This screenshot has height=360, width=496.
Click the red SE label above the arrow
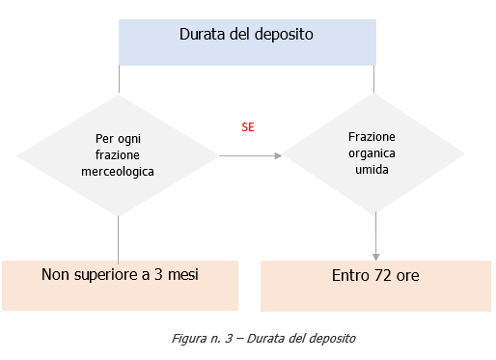(x=248, y=126)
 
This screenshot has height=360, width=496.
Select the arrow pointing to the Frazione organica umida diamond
(x=250, y=154)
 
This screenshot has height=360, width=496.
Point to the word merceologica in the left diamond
(x=118, y=170)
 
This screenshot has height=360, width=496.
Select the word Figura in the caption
(x=189, y=340)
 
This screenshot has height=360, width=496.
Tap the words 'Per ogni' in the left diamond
(x=118, y=138)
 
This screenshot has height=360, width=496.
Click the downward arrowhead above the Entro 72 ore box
(x=375, y=254)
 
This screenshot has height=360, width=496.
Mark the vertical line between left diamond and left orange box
(x=118, y=236)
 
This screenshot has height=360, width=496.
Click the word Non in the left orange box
(x=55, y=275)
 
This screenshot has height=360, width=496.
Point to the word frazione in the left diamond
(x=118, y=154)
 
